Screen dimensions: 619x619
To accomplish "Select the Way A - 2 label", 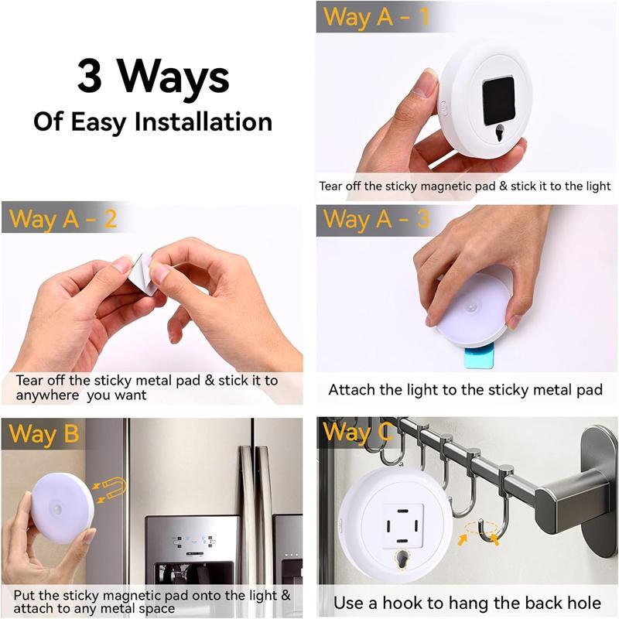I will click(x=63, y=219).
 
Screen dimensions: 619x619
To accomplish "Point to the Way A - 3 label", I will click(x=375, y=219).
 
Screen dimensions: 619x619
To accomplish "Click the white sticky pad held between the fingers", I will click(x=145, y=275).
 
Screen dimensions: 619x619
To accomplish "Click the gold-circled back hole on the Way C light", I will click(x=402, y=559).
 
